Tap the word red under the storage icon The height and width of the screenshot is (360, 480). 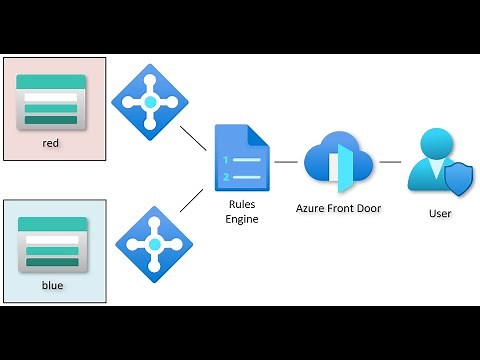[x=52, y=143]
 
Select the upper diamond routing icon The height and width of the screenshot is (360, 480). [x=150, y=101]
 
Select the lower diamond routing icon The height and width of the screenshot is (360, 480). [x=150, y=242]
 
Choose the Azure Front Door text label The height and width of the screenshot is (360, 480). [x=338, y=209]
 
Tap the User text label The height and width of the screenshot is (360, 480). [x=439, y=212]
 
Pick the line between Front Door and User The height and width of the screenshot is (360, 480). [x=388, y=161]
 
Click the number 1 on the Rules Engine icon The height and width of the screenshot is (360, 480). [x=227, y=160]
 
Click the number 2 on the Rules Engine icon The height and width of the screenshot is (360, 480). [x=227, y=177]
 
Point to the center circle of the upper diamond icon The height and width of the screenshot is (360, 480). [x=150, y=101]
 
